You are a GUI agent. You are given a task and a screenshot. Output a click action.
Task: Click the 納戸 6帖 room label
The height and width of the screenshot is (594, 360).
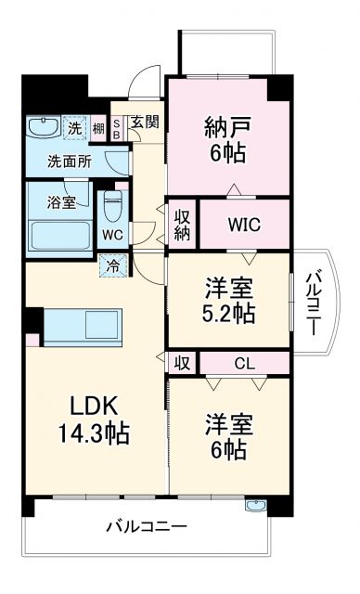click(227, 140)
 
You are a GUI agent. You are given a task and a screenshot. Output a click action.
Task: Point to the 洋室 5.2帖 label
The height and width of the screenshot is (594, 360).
click(228, 300)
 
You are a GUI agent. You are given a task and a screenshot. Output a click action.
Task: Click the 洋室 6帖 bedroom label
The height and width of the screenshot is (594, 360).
click(226, 437)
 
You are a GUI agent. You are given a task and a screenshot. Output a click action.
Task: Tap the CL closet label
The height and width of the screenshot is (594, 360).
click(246, 363)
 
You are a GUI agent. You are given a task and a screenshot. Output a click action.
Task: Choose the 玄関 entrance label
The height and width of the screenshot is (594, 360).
click(145, 122)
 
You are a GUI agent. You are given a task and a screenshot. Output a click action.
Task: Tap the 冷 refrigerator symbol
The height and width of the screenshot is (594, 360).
click(111, 267)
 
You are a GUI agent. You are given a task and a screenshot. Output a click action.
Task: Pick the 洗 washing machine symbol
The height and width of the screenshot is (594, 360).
click(74, 126)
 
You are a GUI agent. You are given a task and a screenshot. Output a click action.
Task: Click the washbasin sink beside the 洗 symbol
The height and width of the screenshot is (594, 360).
click(42, 127)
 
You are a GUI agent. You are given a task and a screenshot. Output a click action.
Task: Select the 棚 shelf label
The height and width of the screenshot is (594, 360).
click(98, 127)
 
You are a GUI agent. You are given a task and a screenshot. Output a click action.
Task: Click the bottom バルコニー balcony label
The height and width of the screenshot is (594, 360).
click(147, 526)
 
